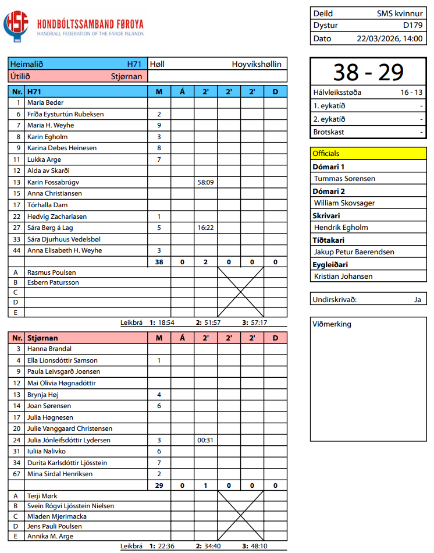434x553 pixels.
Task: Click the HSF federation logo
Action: click(16, 26)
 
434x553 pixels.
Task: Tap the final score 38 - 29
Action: click(368, 72)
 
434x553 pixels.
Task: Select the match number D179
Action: click(412, 26)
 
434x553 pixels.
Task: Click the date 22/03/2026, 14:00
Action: click(389, 38)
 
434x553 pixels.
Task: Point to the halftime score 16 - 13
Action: click(411, 93)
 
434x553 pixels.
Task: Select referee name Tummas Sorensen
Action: click(344, 179)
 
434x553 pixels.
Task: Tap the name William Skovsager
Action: click(344, 203)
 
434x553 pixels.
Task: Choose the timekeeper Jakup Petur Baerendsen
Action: click(354, 252)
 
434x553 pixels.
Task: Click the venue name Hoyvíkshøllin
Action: click(257, 64)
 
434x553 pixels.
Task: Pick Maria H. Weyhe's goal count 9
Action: click(159, 125)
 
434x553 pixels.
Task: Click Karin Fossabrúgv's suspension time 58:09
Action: click(205, 182)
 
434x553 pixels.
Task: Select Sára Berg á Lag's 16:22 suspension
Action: click(205, 228)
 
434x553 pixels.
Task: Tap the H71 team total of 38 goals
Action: click(159, 262)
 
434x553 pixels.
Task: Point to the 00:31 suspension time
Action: click(205, 440)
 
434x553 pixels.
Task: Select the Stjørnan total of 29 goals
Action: click(159, 485)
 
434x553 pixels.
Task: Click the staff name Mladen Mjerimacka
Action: click(57, 516)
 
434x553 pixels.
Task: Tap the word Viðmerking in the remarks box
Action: click(332, 324)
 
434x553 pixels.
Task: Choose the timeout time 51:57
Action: click(212, 322)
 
